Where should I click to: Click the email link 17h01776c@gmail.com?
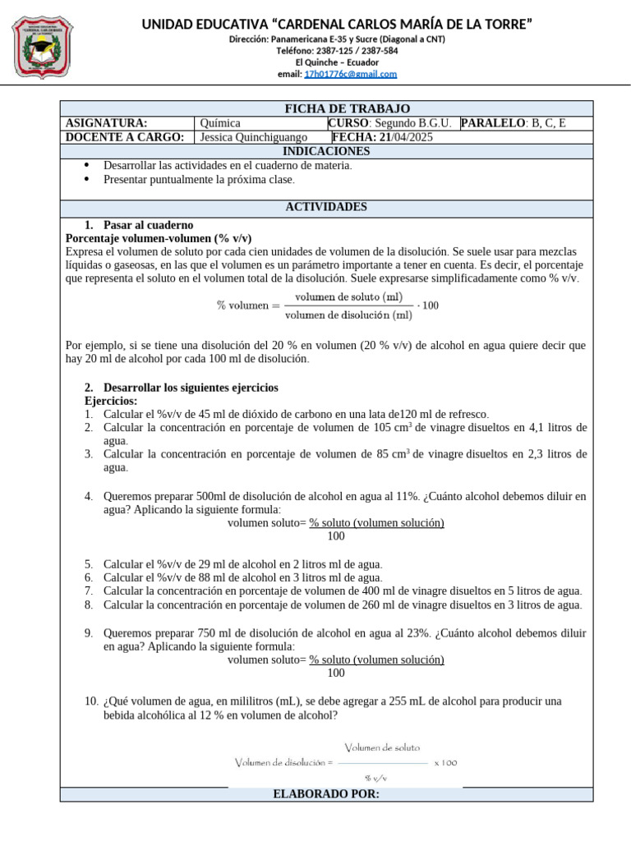point(350,74)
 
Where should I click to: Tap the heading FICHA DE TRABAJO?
point(335,108)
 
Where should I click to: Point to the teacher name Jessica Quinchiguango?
point(254,137)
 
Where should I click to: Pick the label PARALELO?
point(494,123)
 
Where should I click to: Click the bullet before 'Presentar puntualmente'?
point(86,179)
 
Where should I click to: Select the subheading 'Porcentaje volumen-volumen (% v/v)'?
point(159,238)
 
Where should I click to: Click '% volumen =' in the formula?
point(242,306)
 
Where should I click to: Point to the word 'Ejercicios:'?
point(111,401)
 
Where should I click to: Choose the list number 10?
point(91,701)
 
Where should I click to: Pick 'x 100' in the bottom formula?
point(445,762)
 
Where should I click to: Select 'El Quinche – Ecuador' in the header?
point(337,62)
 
